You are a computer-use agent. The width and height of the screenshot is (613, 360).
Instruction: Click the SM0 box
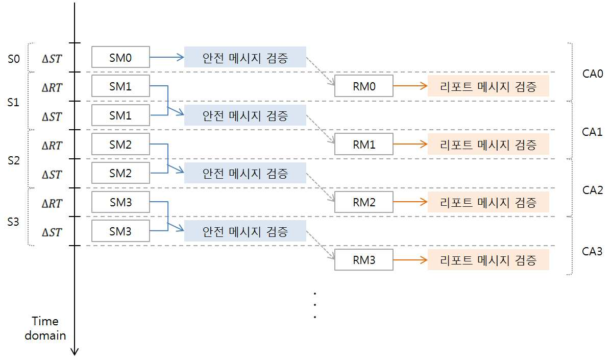(120, 57)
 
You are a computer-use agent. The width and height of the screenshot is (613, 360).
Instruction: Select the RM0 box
(364, 86)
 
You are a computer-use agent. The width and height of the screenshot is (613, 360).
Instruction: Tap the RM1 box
(364, 145)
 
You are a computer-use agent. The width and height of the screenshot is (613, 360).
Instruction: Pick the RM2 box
(364, 202)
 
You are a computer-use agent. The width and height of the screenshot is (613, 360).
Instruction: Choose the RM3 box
(364, 260)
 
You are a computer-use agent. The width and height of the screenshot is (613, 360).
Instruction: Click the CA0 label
(593, 74)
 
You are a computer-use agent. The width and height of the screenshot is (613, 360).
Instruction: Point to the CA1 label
(592, 132)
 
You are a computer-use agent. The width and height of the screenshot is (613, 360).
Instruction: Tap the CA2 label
(593, 190)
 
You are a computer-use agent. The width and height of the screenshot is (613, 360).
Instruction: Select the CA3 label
(592, 251)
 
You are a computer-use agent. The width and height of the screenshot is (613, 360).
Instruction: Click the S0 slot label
(14, 59)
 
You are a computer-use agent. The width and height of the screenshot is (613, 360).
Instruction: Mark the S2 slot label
(14, 160)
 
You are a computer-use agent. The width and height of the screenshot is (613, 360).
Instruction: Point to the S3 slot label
(13, 222)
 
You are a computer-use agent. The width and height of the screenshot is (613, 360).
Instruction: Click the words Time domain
(45, 328)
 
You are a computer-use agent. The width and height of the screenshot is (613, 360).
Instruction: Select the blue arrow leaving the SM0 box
(167, 57)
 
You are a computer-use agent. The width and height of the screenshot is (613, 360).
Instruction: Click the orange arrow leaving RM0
(410, 86)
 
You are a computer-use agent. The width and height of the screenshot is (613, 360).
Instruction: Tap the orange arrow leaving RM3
(410, 260)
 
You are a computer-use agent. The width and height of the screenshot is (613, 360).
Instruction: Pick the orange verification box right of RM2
(488, 202)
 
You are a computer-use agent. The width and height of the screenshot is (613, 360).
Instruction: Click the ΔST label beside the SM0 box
(52, 59)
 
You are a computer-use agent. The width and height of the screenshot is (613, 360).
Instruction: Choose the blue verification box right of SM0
(245, 57)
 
